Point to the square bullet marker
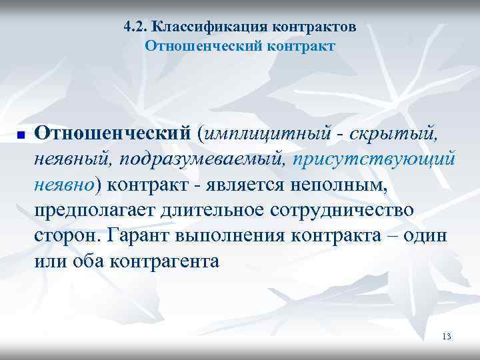click(x=21, y=135)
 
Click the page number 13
click(x=447, y=336)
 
